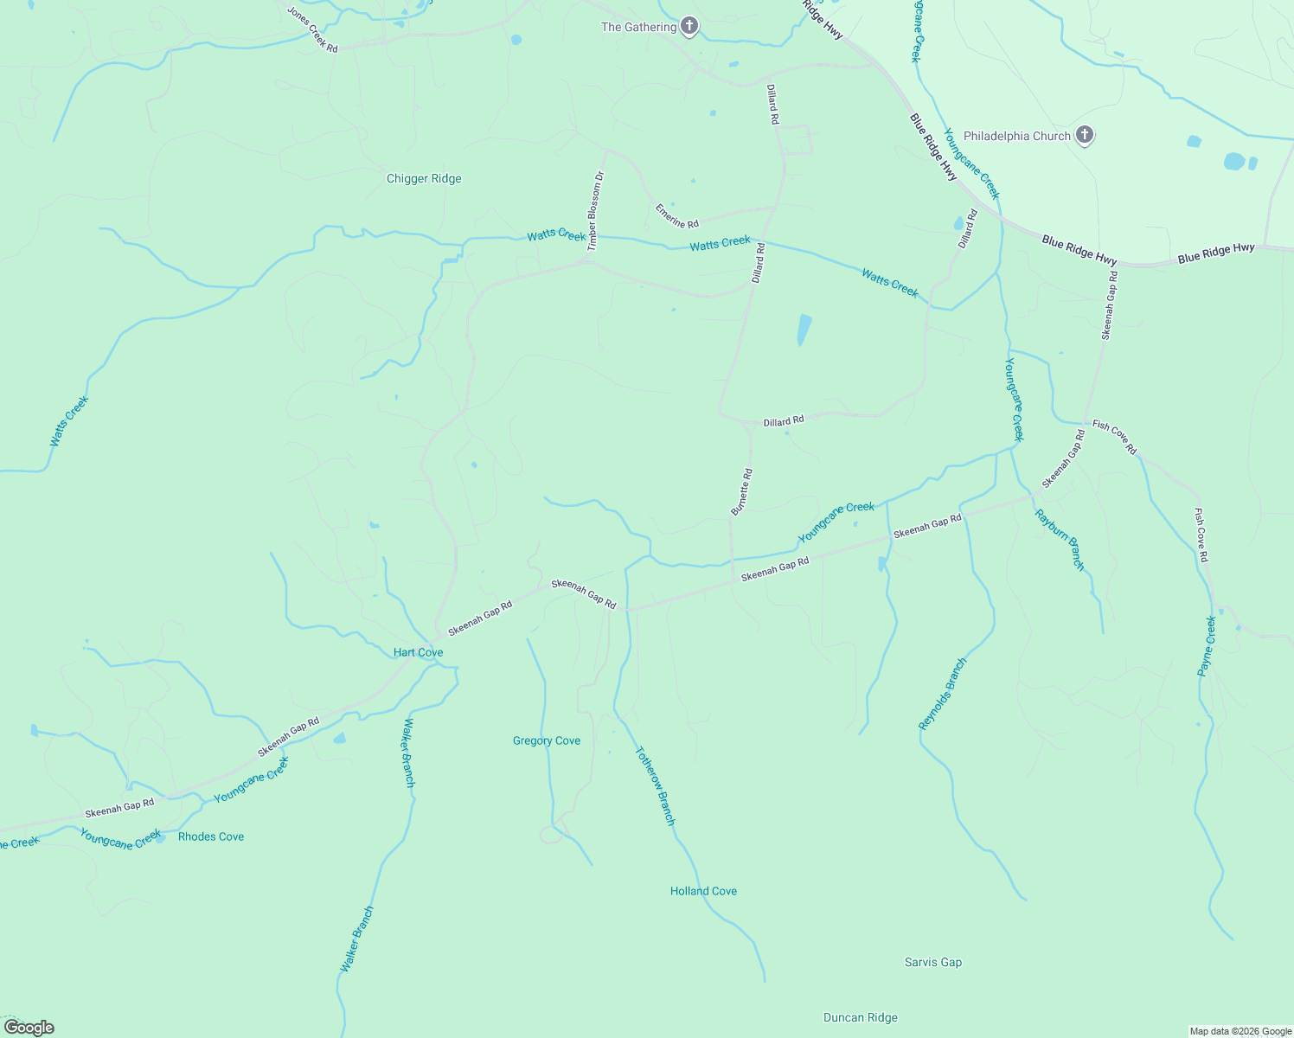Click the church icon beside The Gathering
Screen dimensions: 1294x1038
[x=689, y=26]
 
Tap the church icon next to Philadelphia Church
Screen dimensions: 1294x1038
[x=1085, y=135]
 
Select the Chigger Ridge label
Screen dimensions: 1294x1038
[x=424, y=179]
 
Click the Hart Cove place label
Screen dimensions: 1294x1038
[x=419, y=652]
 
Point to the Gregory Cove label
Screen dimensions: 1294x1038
[x=547, y=740]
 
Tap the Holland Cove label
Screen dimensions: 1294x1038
[x=703, y=891]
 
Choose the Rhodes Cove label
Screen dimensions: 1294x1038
[x=211, y=836]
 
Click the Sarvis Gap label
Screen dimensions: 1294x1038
[x=932, y=962]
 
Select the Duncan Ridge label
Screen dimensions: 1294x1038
[x=860, y=1017]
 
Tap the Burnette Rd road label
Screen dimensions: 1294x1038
[x=742, y=492]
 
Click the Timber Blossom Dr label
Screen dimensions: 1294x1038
[x=595, y=211]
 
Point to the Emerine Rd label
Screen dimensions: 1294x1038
[x=676, y=216]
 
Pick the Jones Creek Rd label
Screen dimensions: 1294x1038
[x=312, y=30]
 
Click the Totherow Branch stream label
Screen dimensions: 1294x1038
[x=655, y=785]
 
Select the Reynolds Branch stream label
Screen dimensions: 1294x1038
[x=942, y=694]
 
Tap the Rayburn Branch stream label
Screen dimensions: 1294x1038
[x=1060, y=540]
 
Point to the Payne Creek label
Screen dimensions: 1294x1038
[x=1207, y=646]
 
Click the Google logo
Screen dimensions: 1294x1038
[x=29, y=1028]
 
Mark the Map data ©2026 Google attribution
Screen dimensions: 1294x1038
[x=1240, y=1031]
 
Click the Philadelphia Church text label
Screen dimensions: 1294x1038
[x=1016, y=136]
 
